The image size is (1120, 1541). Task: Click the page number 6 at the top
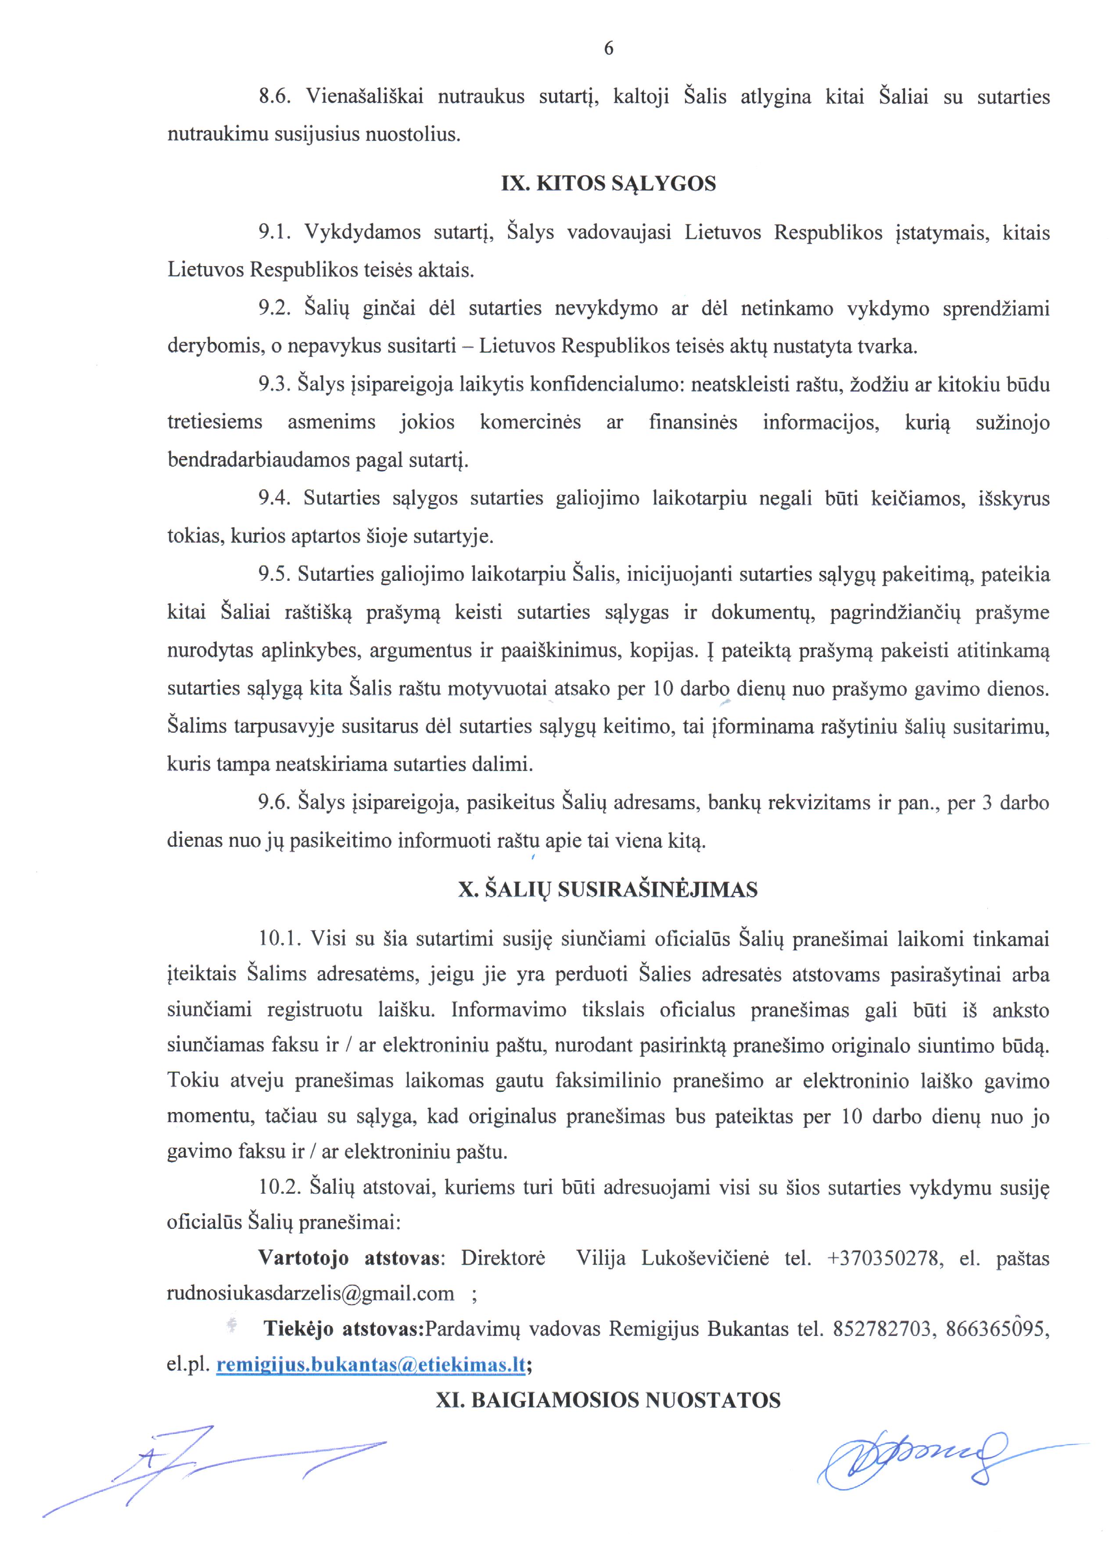click(x=609, y=48)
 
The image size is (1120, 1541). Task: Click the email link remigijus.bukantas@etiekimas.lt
click(x=371, y=1365)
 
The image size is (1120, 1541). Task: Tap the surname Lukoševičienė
click(x=705, y=1258)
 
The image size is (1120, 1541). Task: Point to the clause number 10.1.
click(x=280, y=939)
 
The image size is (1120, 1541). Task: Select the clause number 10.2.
click(x=280, y=1188)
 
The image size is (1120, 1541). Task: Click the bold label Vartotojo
click(x=304, y=1258)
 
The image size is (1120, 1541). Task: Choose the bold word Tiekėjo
click(x=299, y=1329)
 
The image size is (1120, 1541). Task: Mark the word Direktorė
click(x=503, y=1258)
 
